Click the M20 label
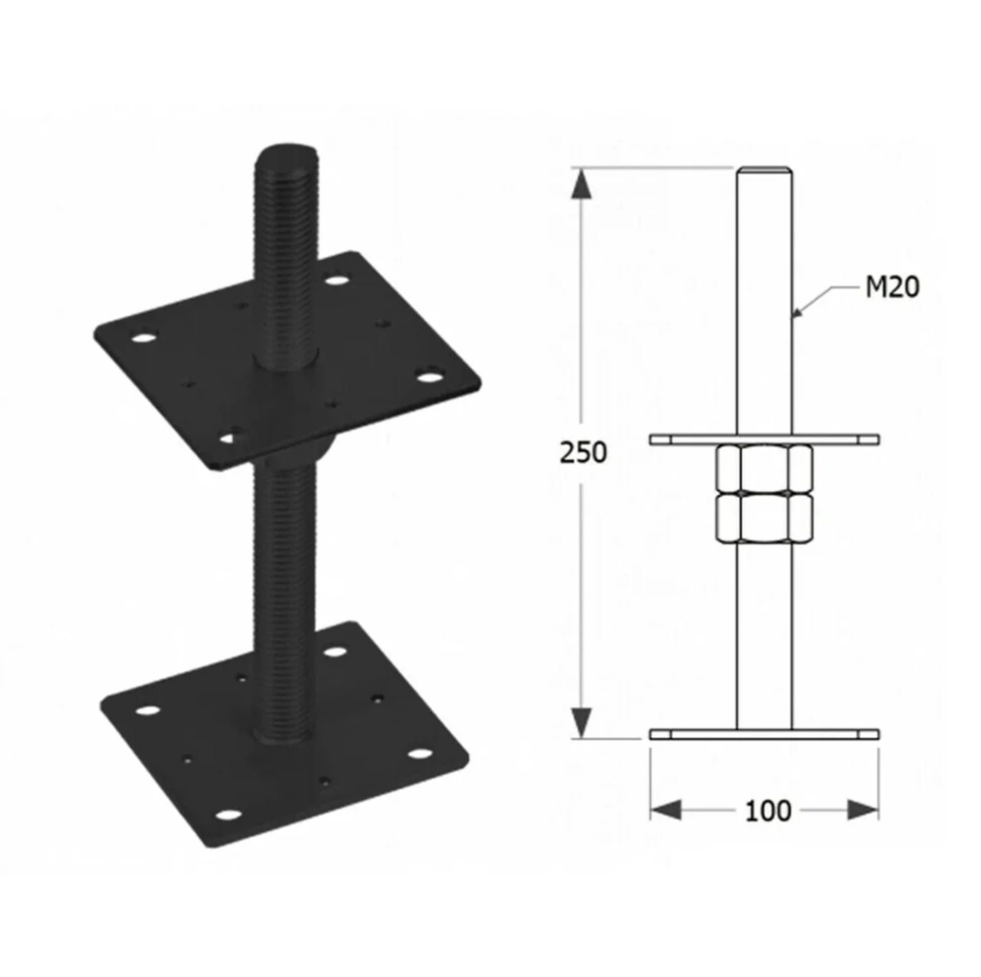[x=892, y=287]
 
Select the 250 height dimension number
[x=583, y=452]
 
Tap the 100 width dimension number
[x=767, y=811]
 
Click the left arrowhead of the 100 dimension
[x=665, y=811]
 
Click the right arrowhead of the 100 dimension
[x=862, y=811]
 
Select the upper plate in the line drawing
[x=764, y=440]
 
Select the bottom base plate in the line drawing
[x=764, y=734]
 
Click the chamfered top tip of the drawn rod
[x=764, y=169]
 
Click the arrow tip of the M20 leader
[x=795, y=316]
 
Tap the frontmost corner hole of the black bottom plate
[x=228, y=815]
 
